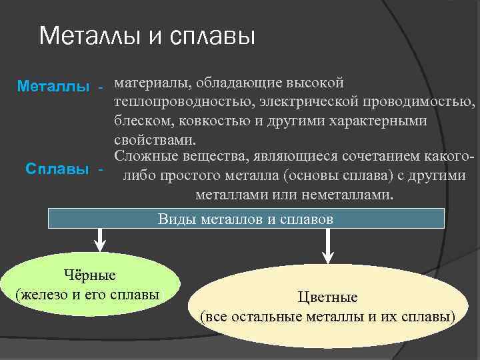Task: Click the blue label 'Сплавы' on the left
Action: pyautogui.click(x=57, y=169)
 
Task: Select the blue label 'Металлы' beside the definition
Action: pyautogui.click(x=53, y=87)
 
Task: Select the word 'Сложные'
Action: pyautogui.click(x=144, y=157)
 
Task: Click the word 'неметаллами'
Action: pyautogui.click(x=352, y=195)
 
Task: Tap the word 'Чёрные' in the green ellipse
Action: pyautogui.click(x=89, y=275)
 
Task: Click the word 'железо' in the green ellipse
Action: pyautogui.click(x=46, y=294)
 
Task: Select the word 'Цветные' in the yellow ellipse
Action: pyautogui.click(x=328, y=297)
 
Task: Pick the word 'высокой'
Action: pyautogui.click(x=317, y=84)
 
